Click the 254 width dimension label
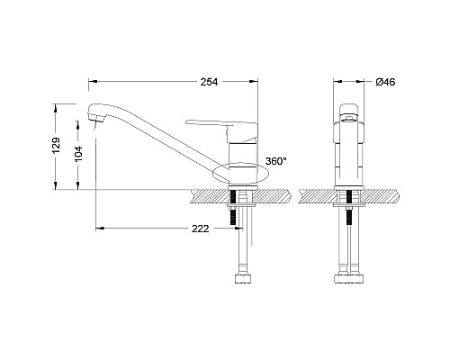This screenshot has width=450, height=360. (x=209, y=82)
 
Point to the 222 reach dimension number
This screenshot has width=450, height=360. (x=201, y=229)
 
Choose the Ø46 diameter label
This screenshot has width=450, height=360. (x=386, y=82)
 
